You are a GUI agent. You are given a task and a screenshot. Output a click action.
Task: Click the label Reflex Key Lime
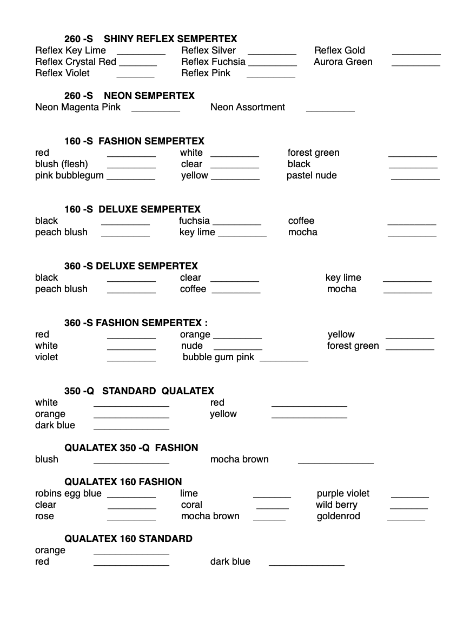tap(70, 50)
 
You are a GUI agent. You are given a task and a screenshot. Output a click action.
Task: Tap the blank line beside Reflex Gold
tap(416, 54)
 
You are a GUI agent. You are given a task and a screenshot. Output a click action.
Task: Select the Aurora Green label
tap(343, 62)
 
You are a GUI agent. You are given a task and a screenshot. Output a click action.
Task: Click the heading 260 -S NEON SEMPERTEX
tap(129, 96)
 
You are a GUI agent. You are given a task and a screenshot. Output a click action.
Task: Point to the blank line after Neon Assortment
tap(330, 110)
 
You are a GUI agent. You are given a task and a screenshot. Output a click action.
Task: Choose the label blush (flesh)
tap(61, 164)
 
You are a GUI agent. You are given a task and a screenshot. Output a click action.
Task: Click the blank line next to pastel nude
tap(415, 178)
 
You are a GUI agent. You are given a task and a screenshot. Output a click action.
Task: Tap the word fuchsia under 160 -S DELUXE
tap(194, 221)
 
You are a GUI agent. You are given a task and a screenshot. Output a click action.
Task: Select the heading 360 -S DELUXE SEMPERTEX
tap(131, 266)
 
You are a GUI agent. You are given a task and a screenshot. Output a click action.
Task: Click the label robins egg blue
tap(68, 493)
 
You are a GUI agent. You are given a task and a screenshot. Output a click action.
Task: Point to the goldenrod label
tap(338, 516)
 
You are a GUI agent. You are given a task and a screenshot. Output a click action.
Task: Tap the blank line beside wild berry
tap(408, 508)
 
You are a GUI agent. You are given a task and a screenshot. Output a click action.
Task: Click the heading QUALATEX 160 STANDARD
tap(128, 539)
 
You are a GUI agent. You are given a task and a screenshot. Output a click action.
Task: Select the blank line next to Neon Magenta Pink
tap(155, 110)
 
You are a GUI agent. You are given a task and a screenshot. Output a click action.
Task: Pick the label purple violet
tap(343, 493)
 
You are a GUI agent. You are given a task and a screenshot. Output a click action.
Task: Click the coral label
tap(191, 505)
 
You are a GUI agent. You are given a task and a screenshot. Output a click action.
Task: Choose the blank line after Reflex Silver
tap(272, 54)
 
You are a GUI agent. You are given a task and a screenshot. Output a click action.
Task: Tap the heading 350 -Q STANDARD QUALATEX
tap(139, 391)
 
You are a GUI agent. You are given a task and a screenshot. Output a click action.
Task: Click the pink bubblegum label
tap(69, 175)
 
